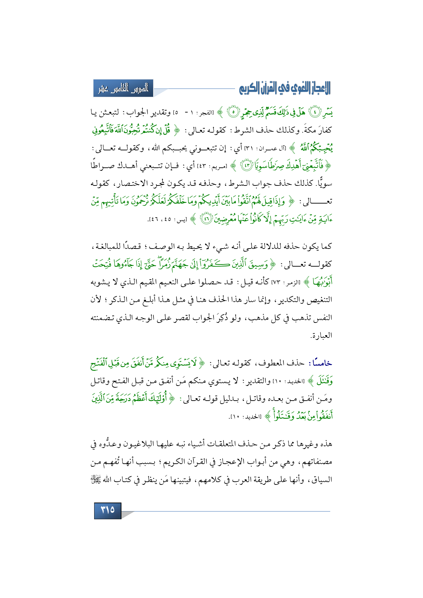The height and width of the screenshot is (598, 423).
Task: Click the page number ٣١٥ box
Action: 107,510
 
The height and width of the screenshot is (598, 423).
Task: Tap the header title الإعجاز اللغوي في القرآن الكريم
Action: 285,88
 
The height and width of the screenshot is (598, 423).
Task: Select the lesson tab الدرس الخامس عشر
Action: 123,88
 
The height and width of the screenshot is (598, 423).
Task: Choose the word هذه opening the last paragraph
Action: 325,444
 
